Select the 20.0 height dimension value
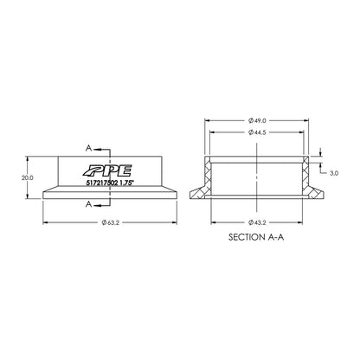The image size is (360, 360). [x=28, y=177]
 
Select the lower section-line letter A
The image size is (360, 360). [x=90, y=205]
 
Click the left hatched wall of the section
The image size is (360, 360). [x=209, y=177]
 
